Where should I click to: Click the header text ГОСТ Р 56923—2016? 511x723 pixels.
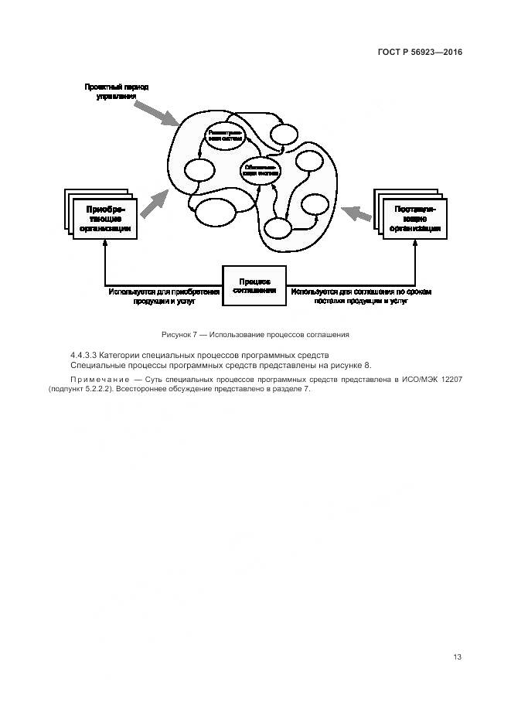425,52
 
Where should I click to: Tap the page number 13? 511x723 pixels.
457,657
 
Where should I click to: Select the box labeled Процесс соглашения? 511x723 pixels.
254,286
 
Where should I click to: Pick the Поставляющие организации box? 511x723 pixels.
415,219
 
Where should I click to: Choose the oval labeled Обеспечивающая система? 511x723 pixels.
260,171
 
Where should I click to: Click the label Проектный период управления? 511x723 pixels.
117,92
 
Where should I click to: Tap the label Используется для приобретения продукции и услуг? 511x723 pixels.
165,297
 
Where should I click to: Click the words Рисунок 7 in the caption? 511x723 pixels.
179,335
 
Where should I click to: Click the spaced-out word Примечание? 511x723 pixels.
98,379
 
